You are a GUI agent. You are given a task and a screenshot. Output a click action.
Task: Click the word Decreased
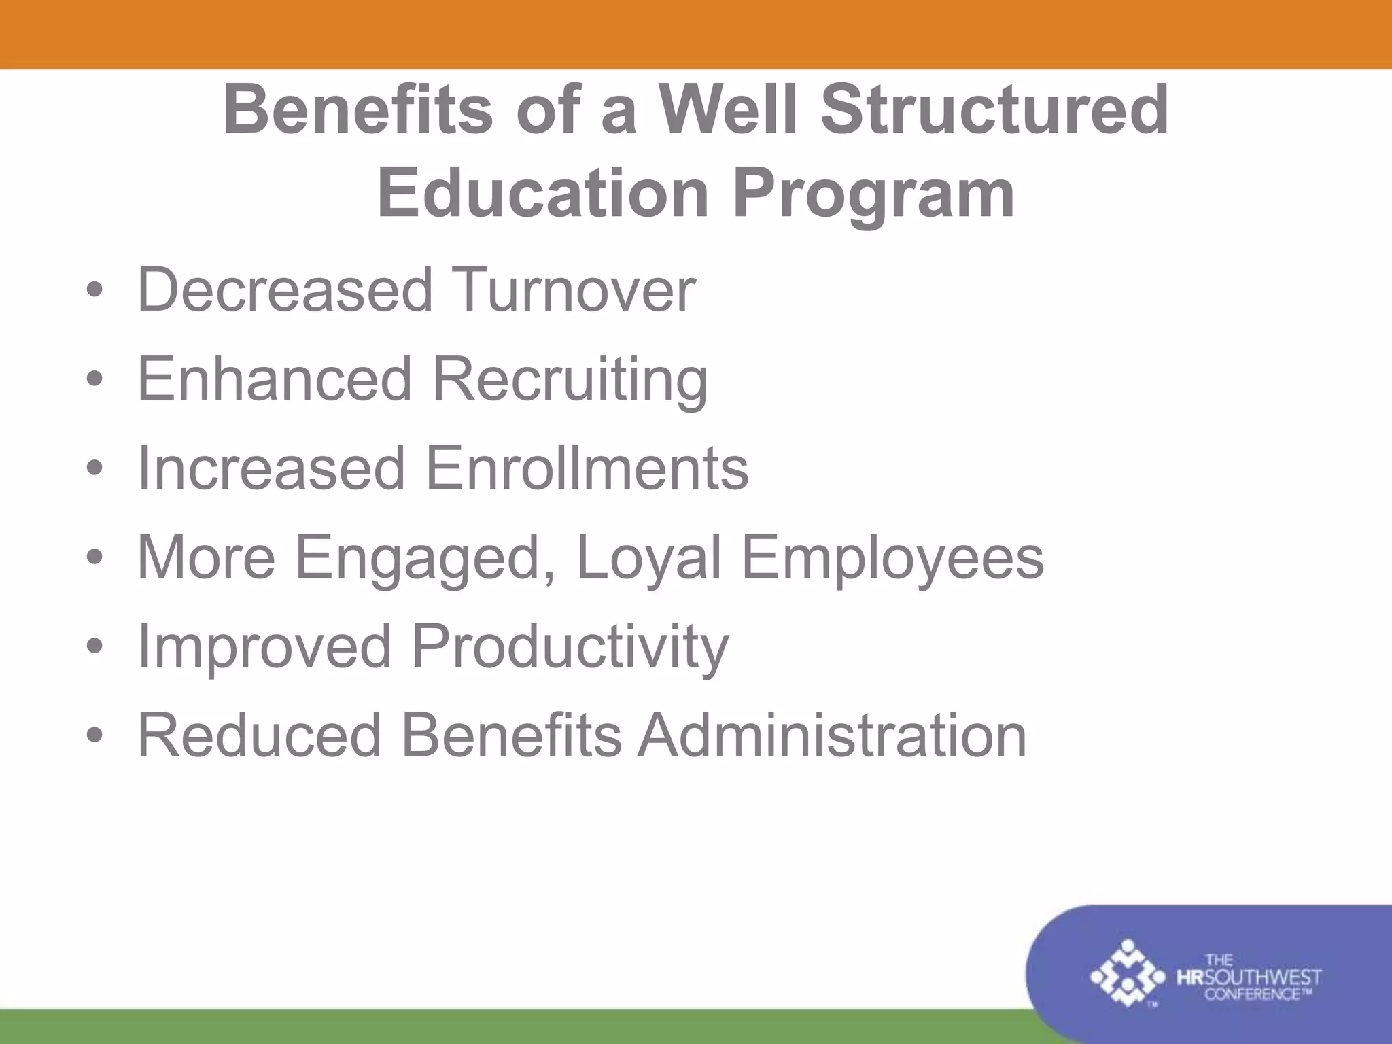[285, 290]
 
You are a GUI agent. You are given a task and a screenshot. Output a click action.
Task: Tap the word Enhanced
[275, 379]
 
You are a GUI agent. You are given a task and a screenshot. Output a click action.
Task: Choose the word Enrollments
[587, 468]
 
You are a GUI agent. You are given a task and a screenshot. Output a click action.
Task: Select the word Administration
[831, 735]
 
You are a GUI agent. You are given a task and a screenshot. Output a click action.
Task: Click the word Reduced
[259, 735]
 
